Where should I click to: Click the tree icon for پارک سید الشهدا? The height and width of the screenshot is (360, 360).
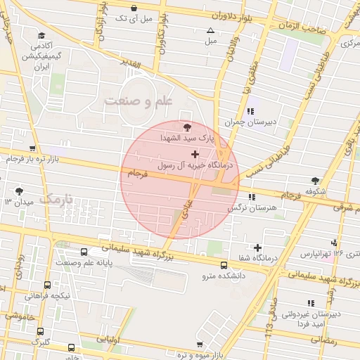pos(186,127)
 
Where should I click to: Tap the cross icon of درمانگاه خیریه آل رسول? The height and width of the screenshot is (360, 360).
pos(195,153)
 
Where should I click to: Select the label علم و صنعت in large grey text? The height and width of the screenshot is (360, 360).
pos(139,101)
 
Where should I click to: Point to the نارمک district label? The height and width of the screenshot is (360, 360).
pos(56,199)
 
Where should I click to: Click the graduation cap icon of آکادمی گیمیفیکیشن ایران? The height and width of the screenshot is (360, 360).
pos(41,35)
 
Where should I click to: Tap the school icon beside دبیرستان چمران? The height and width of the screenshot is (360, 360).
pos(250,111)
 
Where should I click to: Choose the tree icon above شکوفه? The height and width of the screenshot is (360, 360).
pos(314,180)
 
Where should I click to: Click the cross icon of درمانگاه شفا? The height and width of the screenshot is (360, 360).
pos(258,247)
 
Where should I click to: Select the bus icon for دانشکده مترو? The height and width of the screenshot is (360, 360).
pos(224,266)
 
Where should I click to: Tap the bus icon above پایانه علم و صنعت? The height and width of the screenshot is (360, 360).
pos(84,252)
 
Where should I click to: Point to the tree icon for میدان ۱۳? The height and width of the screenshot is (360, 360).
pos(18,191)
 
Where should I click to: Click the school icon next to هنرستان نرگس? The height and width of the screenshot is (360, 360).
pos(252,197)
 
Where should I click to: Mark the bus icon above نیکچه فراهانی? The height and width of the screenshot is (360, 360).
pos(47,285)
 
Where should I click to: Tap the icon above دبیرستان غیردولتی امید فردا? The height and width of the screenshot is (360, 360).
pos(311,303)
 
